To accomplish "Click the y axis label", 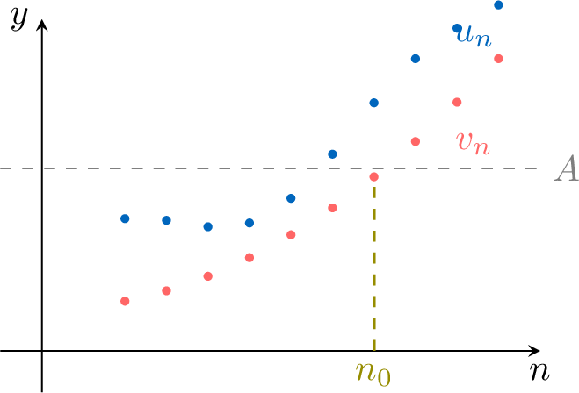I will coord(18,19).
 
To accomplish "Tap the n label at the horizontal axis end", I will coord(539,371).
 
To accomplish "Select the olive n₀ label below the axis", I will coord(373,372).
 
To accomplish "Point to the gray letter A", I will coord(565,170).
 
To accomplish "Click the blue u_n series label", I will coord(472,36).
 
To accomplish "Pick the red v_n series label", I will coord(473,141).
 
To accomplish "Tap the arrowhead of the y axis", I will coord(41,22).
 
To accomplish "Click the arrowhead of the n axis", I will coord(533,350).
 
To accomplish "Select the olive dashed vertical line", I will coord(373,263).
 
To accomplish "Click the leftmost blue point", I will coord(125,218).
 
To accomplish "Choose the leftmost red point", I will coord(125,301).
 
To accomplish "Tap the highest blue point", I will coord(498,5).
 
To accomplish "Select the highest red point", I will coord(498,59).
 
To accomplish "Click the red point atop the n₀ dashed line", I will coord(373,177).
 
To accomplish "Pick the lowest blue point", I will coord(207,226).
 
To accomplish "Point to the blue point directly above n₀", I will coord(373,103).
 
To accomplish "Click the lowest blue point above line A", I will coord(332,154).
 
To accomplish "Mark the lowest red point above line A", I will coord(415,141).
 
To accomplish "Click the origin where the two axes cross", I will coord(41,350).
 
